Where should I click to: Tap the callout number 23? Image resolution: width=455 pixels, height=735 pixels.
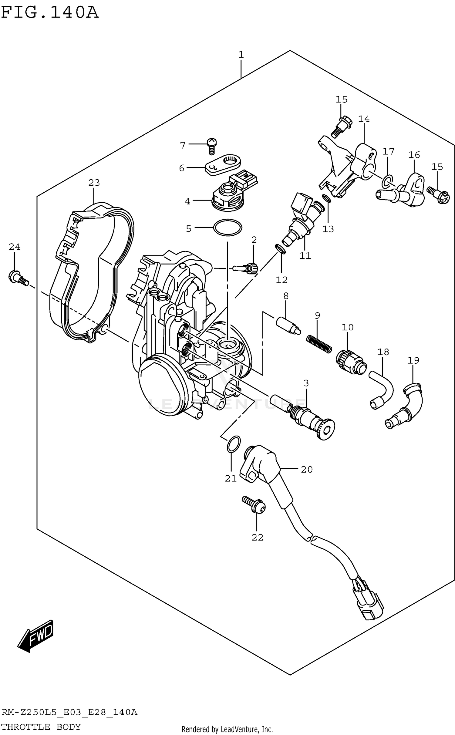(x=94, y=183)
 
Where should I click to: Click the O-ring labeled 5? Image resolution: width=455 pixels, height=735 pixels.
(x=228, y=227)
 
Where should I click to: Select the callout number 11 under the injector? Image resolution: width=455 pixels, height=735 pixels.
(x=305, y=256)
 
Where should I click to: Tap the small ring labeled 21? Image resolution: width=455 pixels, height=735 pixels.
(x=234, y=444)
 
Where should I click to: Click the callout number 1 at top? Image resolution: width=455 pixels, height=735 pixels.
(x=241, y=55)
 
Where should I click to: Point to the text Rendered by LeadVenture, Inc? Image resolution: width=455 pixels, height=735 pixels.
(x=227, y=729)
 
